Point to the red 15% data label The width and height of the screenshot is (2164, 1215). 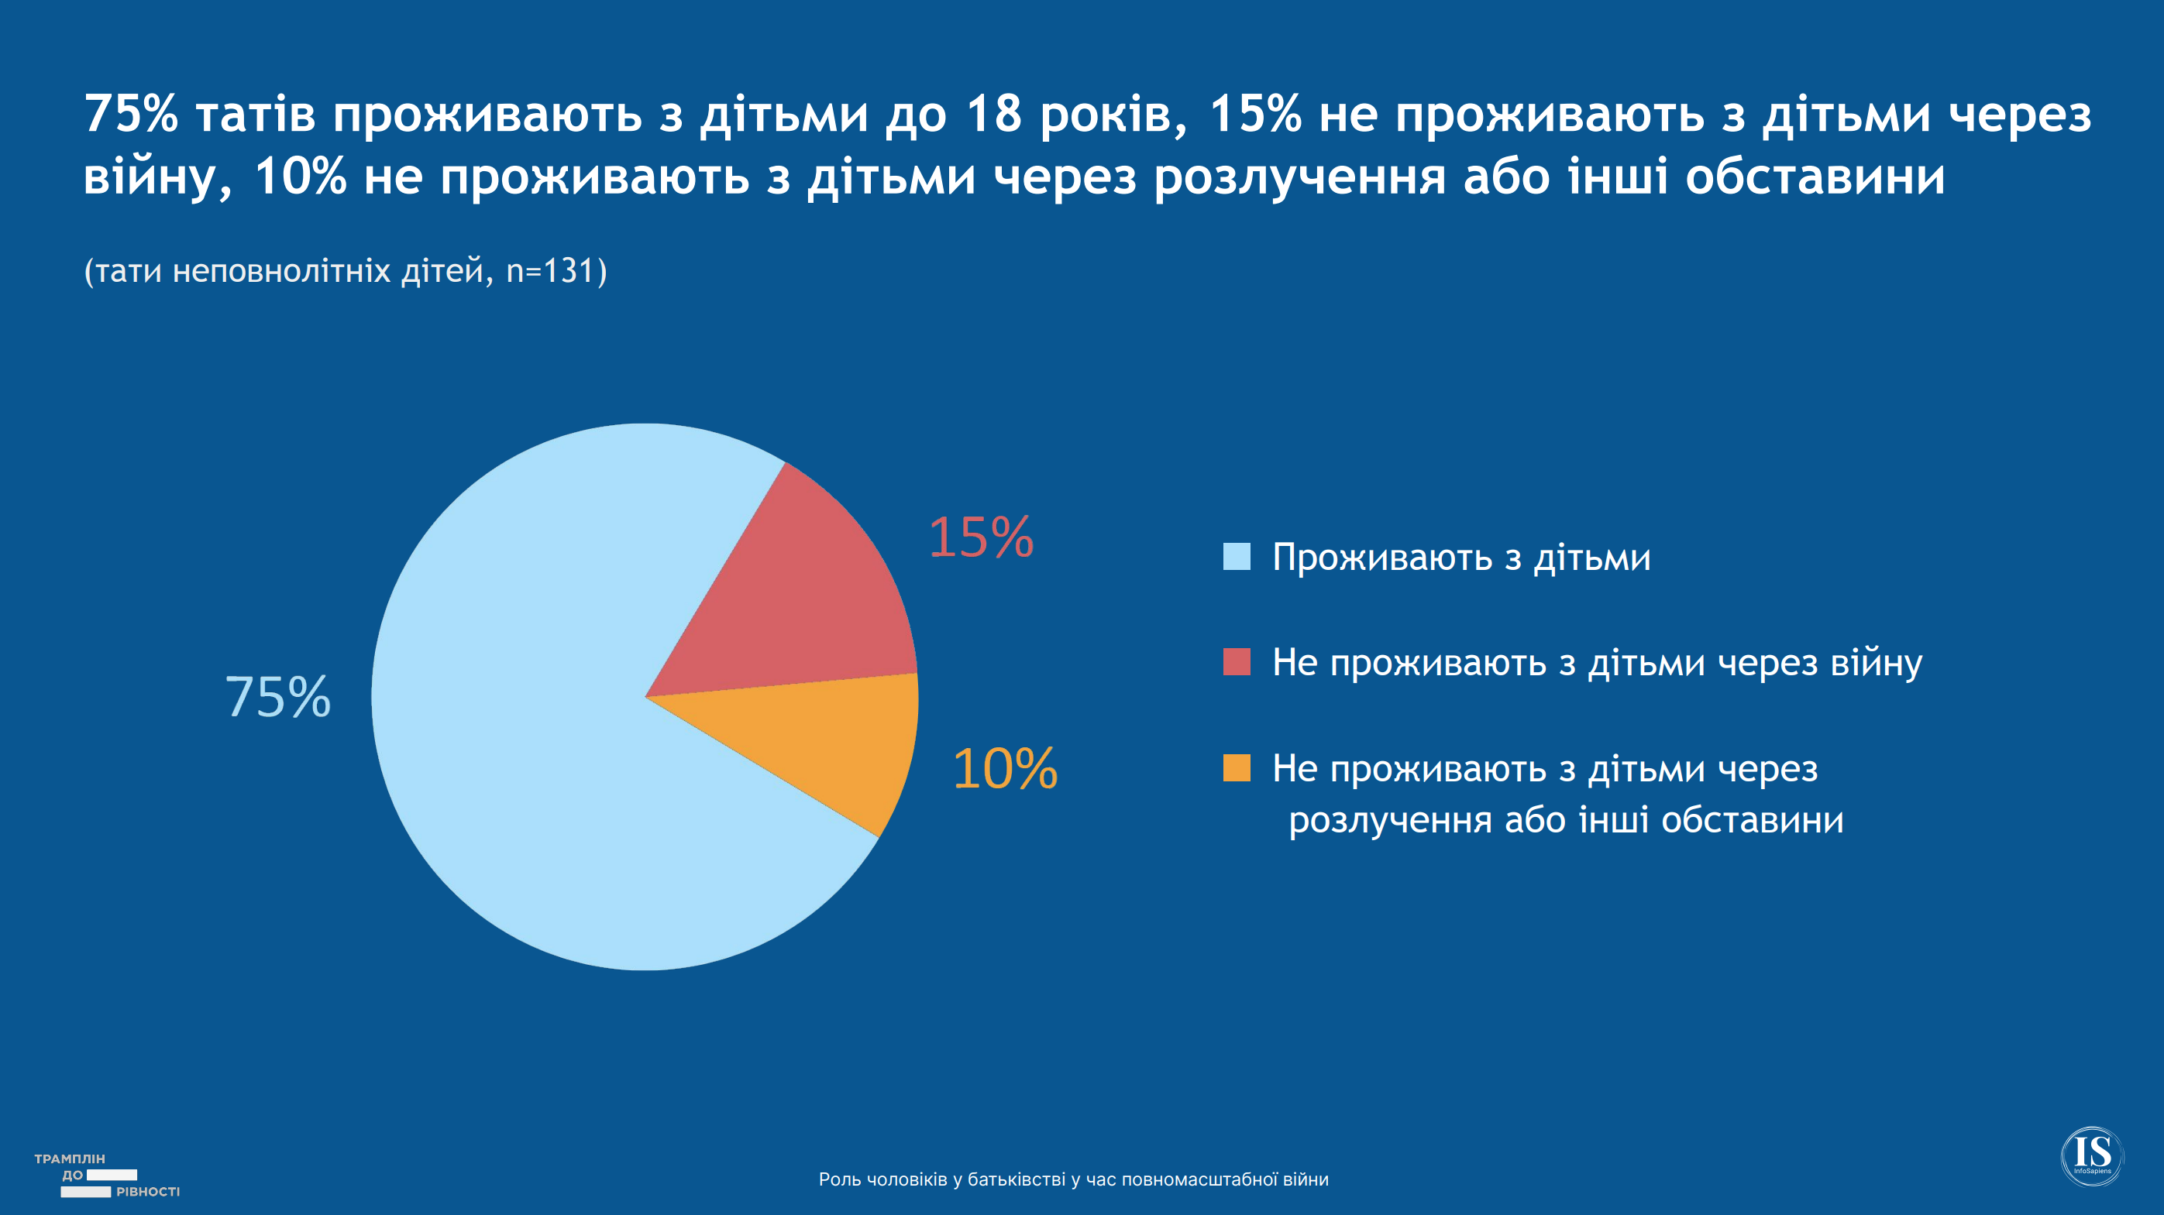980,537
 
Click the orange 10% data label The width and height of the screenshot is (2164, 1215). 1005,769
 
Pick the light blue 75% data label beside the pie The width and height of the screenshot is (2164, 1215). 278,697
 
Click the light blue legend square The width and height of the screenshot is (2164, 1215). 1237,557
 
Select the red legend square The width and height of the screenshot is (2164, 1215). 1237,661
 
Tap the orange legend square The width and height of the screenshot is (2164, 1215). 1237,767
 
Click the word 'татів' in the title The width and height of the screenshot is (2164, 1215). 256,115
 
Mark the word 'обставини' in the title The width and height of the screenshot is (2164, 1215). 1815,178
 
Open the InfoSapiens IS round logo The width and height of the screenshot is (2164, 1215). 2092,1155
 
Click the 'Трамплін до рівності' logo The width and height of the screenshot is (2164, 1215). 106,1176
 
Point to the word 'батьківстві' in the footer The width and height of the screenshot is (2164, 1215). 1017,1179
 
